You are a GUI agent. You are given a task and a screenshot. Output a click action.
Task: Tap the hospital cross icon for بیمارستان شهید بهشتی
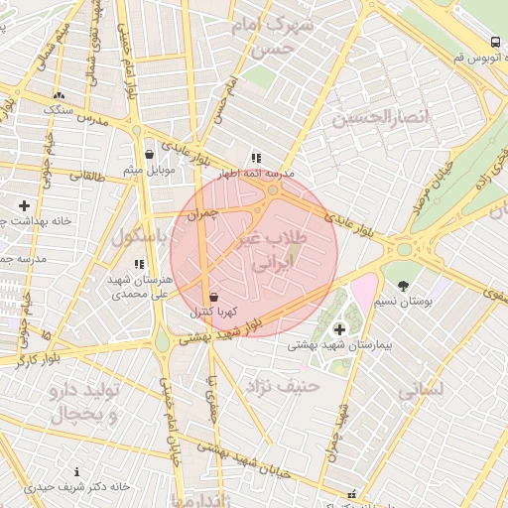[x=339, y=328]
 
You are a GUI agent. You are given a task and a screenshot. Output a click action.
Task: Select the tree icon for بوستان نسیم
[x=401, y=286]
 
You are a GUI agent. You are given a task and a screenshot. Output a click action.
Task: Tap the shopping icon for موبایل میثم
[x=149, y=154]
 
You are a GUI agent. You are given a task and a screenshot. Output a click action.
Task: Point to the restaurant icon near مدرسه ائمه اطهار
[x=256, y=158]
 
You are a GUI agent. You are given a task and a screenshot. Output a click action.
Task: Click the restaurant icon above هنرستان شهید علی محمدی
[x=140, y=265]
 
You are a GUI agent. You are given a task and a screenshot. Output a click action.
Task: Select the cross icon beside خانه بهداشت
[x=24, y=205]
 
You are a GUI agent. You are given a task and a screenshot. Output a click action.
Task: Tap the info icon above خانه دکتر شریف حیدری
[x=77, y=472]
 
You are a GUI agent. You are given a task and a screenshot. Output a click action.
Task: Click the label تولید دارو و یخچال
[x=84, y=403]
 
